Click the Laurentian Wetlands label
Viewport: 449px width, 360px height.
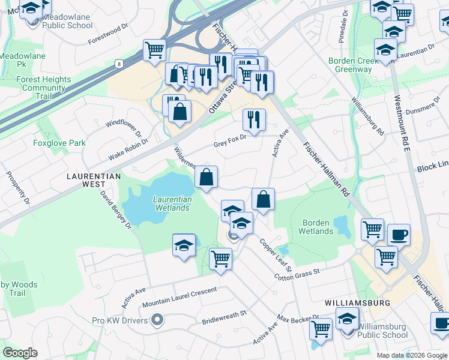coord(172,203)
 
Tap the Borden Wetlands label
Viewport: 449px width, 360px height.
coord(316,227)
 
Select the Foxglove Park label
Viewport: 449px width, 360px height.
coord(59,143)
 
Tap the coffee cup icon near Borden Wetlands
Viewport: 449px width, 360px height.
coord(399,235)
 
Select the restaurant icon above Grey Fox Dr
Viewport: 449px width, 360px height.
coord(254,120)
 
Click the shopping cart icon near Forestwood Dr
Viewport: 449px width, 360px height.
coord(154,50)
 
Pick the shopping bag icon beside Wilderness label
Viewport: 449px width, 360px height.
coord(206,177)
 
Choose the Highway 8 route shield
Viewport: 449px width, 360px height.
coord(120,63)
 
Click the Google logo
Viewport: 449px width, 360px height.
coord(20,353)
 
